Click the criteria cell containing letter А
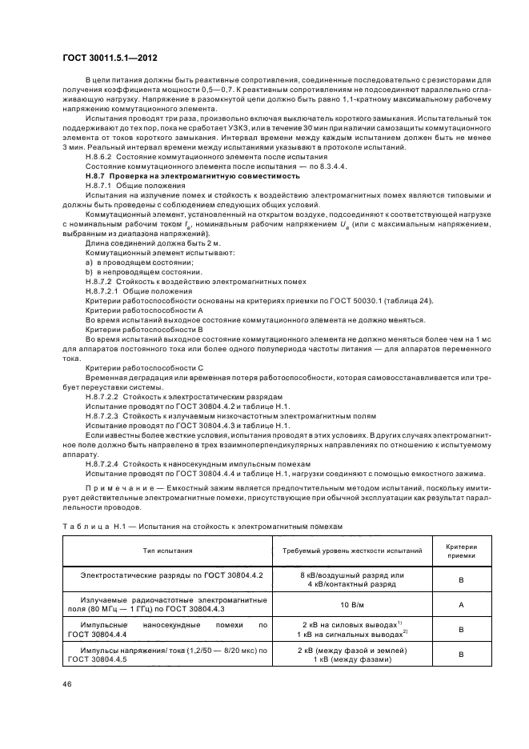click(x=461, y=605)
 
